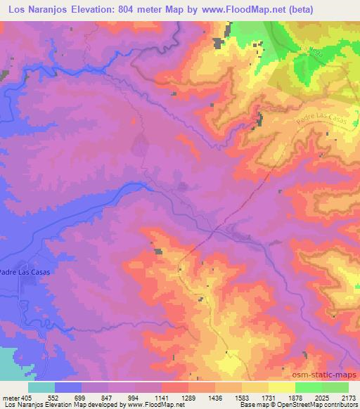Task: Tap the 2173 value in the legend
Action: (x=348, y=397)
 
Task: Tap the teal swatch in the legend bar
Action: (x=41, y=387)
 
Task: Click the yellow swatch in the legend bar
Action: (x=281, y=387)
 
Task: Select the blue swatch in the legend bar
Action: (x=68, y=387)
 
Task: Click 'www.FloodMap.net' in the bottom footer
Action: (x=153, y=405)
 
